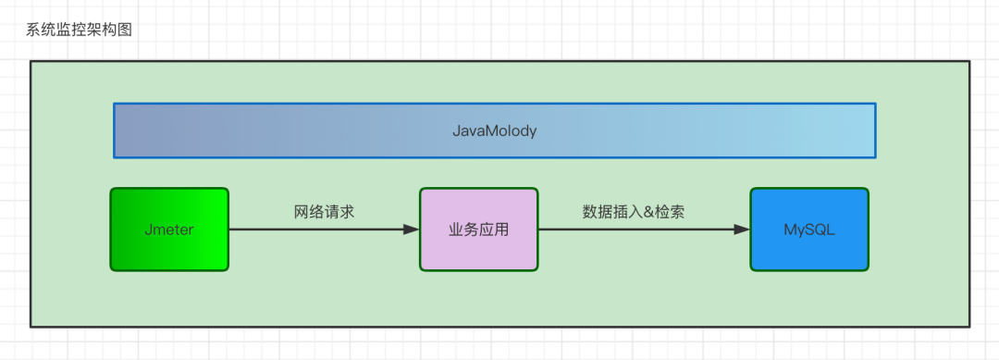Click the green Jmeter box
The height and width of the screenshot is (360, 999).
[169, 230]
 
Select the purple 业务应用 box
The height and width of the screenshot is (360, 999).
[478, 230]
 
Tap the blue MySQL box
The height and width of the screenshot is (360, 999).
[808, 230]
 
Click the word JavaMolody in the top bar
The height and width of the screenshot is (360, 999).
[494, 130]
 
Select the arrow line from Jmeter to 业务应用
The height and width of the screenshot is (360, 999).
[314, 230]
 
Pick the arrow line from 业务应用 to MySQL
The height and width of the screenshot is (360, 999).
[638, 230]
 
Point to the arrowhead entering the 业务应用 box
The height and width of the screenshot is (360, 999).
[412, 230]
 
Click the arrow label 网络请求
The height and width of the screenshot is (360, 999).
[324, 211]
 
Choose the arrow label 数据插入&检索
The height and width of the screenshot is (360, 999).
[634, 211]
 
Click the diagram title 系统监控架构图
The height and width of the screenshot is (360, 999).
[80, 30]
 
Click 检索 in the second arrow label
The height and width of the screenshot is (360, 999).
[670, 211]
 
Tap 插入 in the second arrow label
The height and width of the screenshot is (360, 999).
[626, 211]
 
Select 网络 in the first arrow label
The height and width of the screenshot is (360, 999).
[309, 211]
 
